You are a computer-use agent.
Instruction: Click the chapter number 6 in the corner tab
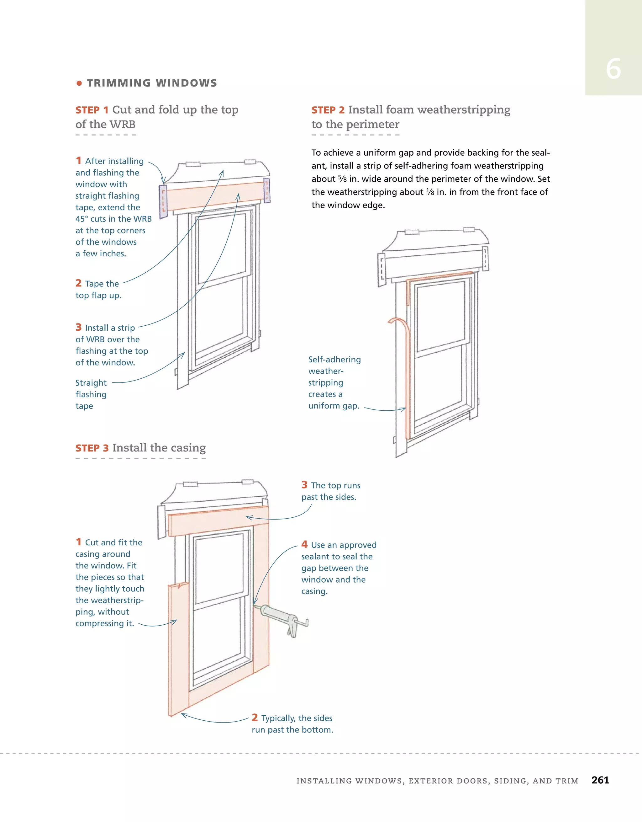(613, 69)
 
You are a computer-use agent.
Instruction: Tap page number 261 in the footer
(600, 780)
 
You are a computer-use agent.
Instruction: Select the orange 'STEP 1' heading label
(92, 110)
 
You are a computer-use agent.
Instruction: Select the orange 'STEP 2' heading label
(328, 110)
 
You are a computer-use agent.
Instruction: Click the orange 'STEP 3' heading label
(92, 448)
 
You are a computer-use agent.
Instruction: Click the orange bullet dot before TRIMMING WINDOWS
(79, 83)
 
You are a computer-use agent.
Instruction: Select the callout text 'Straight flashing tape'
(91, 394)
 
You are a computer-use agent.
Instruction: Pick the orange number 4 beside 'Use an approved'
(304, 545)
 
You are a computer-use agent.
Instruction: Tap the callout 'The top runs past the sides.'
(331, 491)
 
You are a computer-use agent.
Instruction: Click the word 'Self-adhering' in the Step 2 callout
(334, 360)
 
